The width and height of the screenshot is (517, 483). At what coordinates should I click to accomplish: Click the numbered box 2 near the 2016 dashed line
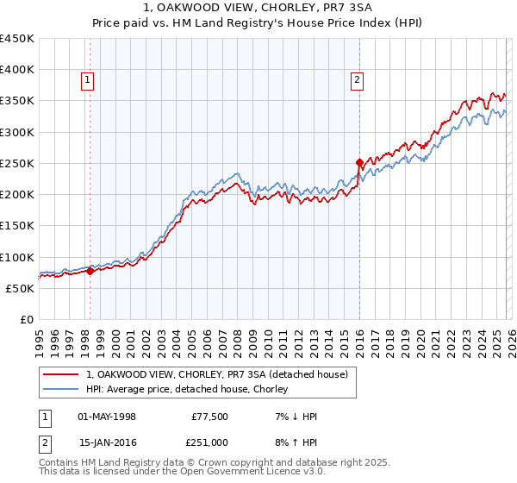point(357,80)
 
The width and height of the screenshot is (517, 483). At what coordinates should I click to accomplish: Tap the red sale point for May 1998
point(90,271)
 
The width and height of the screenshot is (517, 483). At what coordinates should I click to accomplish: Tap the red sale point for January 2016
point(359,162)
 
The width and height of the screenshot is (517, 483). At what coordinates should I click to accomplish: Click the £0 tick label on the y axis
point(27,320)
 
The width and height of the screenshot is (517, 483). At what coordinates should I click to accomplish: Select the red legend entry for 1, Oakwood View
point(216,374)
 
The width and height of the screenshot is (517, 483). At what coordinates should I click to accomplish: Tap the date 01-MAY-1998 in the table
point(107,417)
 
